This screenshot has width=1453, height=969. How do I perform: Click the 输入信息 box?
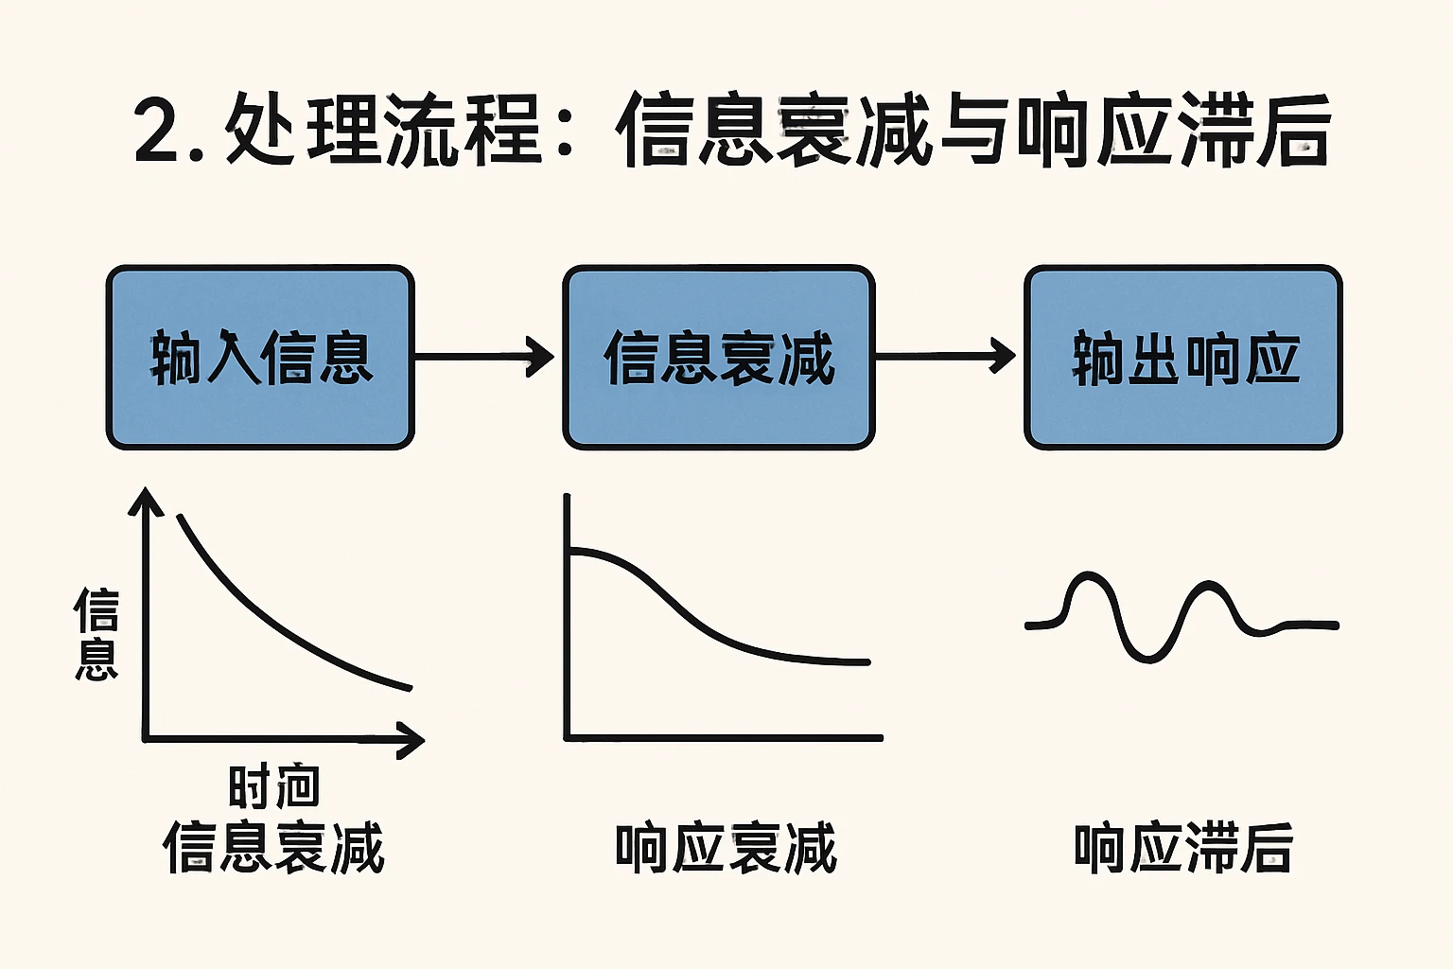[x=260, y=358]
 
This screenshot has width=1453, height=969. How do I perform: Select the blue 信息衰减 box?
[x=719, y=358]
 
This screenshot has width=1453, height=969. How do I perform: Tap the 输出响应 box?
[x=1183, y=358]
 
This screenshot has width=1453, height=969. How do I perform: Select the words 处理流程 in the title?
[x=382, y=130]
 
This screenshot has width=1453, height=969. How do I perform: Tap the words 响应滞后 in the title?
[x=1173, y=130]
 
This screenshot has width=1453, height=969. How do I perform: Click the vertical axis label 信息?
[x=96, y=634]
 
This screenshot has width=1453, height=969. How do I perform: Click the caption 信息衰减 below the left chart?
[x=273, y=848]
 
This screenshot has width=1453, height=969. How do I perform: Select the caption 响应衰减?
[x=726, y=848]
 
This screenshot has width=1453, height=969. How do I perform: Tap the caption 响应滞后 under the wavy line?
[x=1183, y=848]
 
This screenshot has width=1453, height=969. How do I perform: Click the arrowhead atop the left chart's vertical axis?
[x=146, y=502]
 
